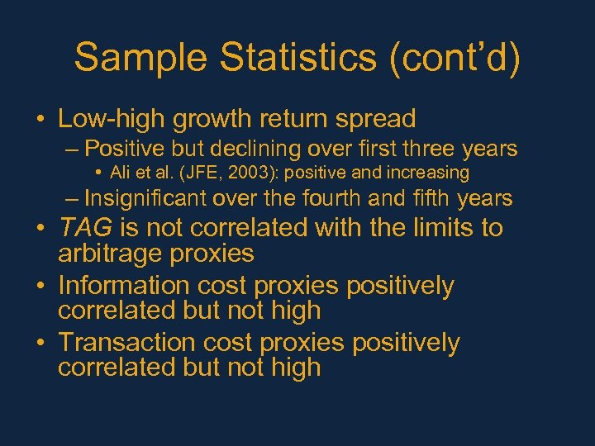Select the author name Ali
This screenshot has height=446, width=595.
pyautogui.click(x=122, y=173)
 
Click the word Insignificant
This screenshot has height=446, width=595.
pyautogui.click(x=146, y=198)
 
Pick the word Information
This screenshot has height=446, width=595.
pyautogui.click(x=124, y=286)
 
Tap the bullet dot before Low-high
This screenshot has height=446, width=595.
pyautogui.click(x=40, y=120)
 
